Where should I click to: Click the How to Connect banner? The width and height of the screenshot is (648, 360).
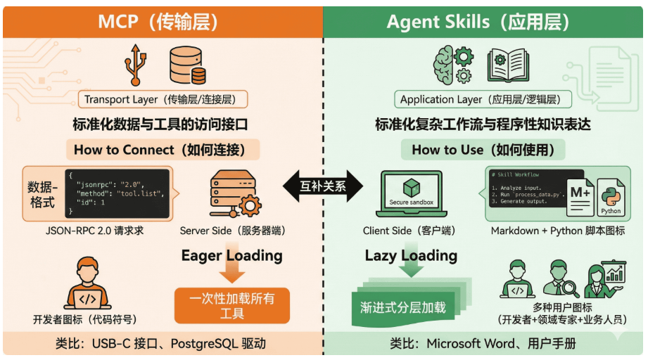click(163, 149)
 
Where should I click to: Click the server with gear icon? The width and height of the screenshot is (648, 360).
click(232, 193)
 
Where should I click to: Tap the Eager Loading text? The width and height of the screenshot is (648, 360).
click(231, 255)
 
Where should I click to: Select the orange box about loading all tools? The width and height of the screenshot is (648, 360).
click(231, 306)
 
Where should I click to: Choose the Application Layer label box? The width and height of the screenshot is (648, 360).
click(481, 99)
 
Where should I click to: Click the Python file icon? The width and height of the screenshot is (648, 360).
click(610, 198)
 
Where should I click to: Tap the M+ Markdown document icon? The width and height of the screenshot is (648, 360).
click(581, 196)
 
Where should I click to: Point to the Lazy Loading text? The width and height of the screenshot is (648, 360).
click(411, 255)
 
